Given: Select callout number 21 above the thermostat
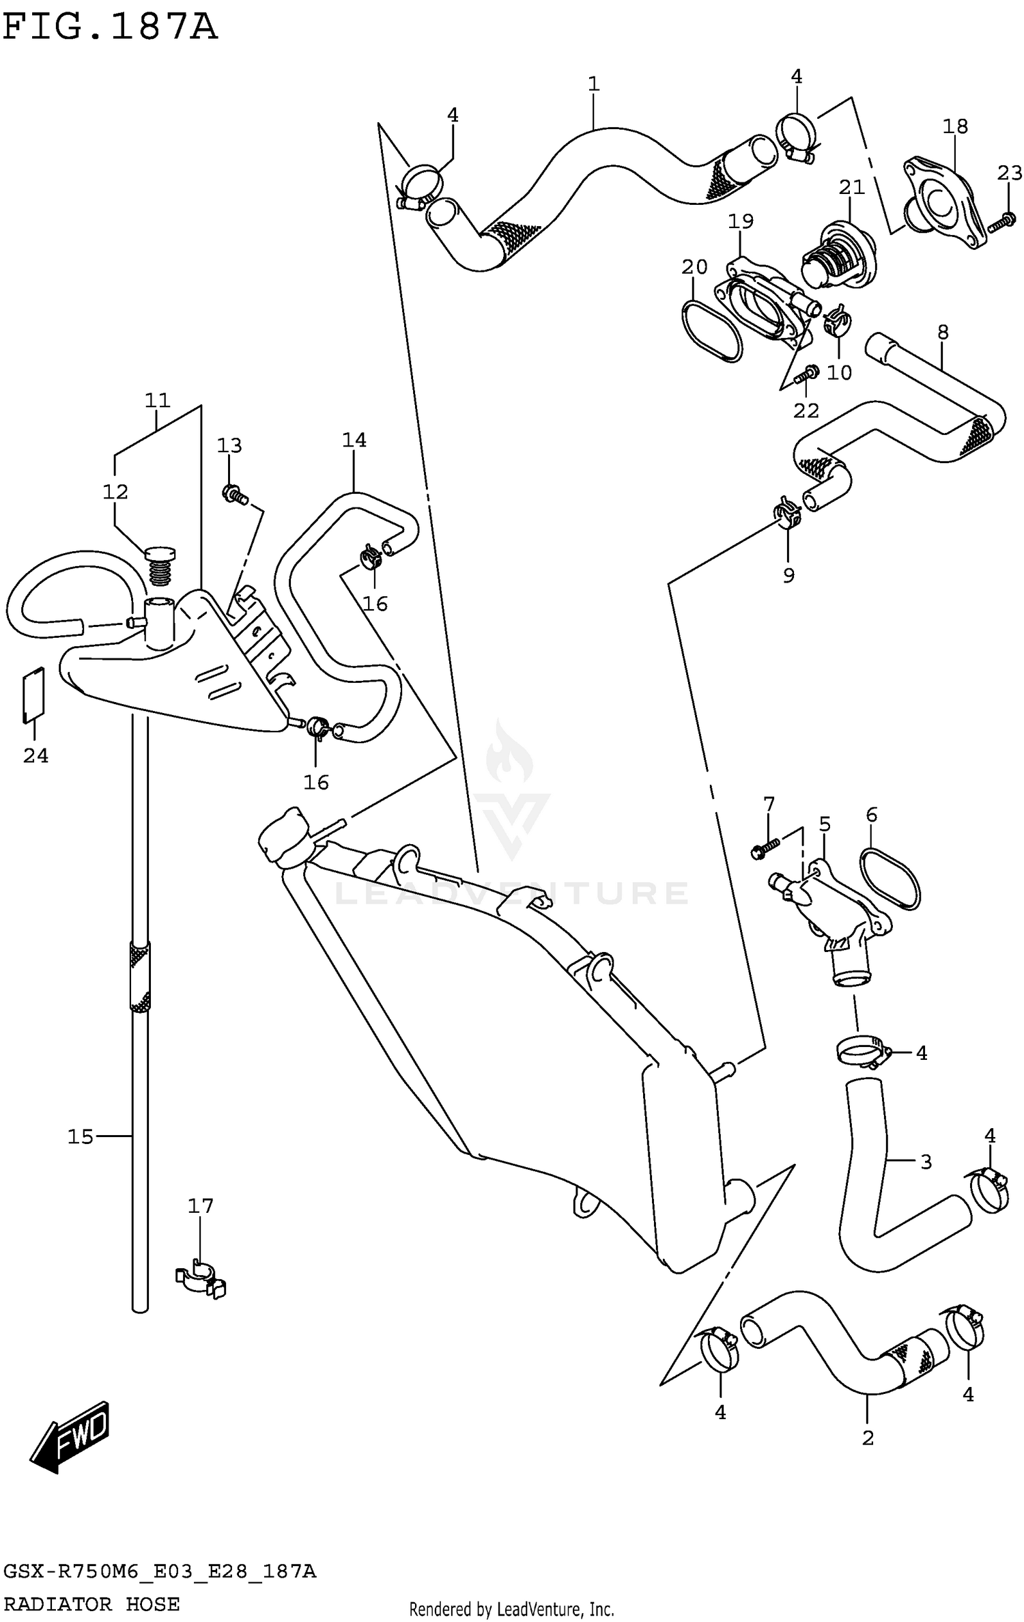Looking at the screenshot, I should pos(851,187).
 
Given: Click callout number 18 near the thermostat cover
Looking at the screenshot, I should pos(955,126).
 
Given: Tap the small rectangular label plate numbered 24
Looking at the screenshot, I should pos(33,694).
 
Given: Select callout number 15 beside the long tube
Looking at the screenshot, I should pos(80,1136).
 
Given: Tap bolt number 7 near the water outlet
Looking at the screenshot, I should pos(765,849).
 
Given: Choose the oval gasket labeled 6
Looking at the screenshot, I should pos(891,880).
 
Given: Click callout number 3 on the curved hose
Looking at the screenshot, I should pos(926,1161).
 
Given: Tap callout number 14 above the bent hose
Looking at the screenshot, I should pos(354,441).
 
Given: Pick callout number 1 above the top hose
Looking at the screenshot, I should pos(593,84).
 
